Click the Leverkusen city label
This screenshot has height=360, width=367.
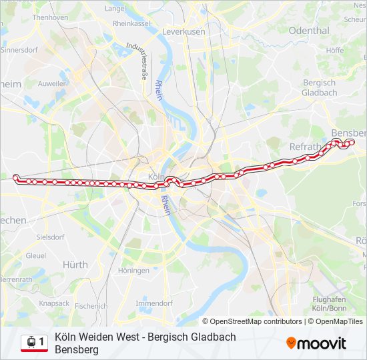click(x=183, y=31)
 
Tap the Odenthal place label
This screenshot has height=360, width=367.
click(x=309, y=31)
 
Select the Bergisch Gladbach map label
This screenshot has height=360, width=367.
click(x=320, y=87)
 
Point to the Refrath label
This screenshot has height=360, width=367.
click(x=306, y=147)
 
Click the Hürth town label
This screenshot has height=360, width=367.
click(x=75, y=265)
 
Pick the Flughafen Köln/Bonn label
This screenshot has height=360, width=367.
click(x=328, y=304)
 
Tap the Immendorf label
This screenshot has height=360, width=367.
click(x=154, y=303)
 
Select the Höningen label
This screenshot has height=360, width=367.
click(x=133, y=271)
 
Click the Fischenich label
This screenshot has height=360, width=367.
click(x=91, y=306)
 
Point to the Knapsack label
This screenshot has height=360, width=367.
click(x=54, y=303)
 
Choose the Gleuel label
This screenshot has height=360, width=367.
click(x=36, y=255)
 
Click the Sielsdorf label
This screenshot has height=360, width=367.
click(x=50, y=237)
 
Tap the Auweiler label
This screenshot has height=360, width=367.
click(x=52, y=84)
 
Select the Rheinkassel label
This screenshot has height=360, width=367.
click(x=131, y=23)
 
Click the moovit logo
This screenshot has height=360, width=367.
click(x=316, y=343)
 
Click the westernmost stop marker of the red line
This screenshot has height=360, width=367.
click(x=16, y=177)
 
